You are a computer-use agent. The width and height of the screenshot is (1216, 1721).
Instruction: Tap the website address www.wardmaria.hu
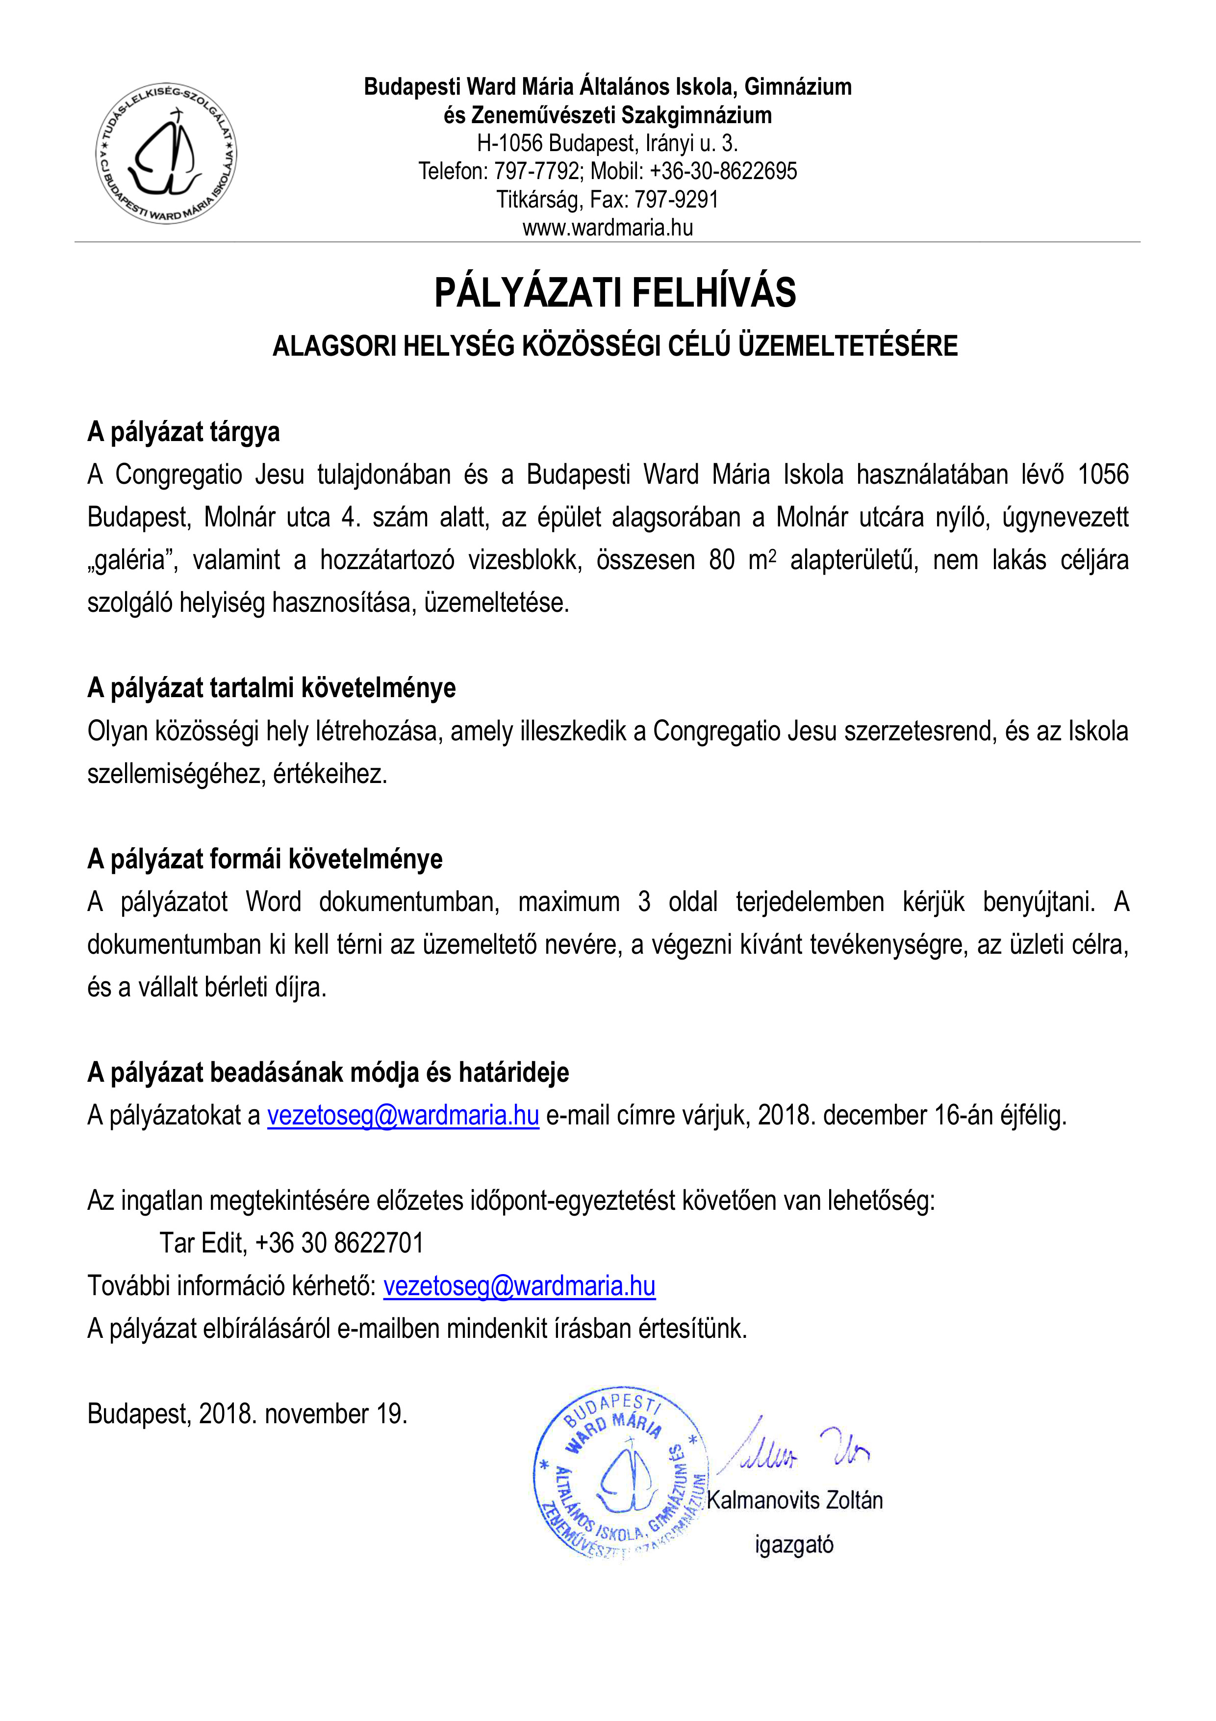[x=608, y=228]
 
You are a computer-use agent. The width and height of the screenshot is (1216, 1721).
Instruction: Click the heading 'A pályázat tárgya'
[x=183, y=433]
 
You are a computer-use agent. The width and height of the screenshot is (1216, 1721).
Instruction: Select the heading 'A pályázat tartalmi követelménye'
[x=271, y=688]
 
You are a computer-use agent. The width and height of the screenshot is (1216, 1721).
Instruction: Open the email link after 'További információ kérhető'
[x=519, y=1286]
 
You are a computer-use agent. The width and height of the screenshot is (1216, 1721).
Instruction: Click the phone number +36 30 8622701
[x=339, y=1244]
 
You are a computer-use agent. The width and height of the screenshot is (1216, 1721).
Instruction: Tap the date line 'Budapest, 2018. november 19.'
[x=247, y=1414]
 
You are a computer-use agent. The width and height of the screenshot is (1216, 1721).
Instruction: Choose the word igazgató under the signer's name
[x=794, y=1545]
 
